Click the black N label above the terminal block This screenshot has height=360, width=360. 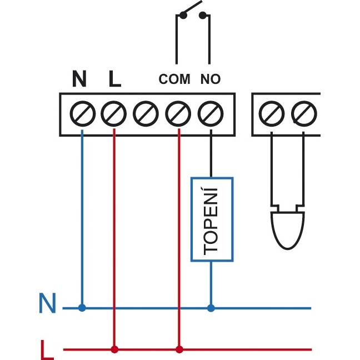pyautogui.click(x=79, y=78)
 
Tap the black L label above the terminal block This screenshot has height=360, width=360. pyautogui.click(x=115, y=78)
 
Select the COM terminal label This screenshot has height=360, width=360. pyautogui.click(x=174, y=79)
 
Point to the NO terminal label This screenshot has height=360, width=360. pyautogui.click(x=211, y=79)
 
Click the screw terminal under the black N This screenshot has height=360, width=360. pyautogui.click(x=83, y=114)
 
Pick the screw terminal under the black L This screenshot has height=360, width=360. pyautogui.click(x=114, y=114)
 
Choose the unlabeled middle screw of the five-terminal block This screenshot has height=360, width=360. pyautogui.click(x=146, y=114)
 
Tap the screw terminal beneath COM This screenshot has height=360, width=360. pyautogui.click(x=178, y=114)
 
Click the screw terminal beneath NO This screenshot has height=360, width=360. pyautogui.click(x=211, y=114)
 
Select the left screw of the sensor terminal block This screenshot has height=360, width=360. pyautogui.click(x=272, y=114)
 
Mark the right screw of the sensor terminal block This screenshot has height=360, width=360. pyautogui.click(x=304, y=114)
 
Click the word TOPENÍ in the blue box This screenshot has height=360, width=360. pyautogui.click(x=211, y=221)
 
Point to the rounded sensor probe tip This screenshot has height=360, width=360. pyautogui.click(x=288, y=231)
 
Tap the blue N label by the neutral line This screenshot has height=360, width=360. pyautogui.click(x=48, y=303)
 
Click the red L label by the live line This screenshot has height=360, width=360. pyautogui.click(x=47, y=349)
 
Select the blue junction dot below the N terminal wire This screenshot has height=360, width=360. pyautogui.click(x=82, y=308)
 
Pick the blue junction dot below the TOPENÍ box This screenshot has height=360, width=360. pyautogui.click(x=211, y=308)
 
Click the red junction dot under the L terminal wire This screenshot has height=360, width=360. pyautogui.click(x=114, y=349)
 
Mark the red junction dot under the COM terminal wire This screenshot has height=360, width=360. pyautogui.click(x=179, y=349)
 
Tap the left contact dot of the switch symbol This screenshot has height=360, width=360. pyautogui.click(x=183, y=16)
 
